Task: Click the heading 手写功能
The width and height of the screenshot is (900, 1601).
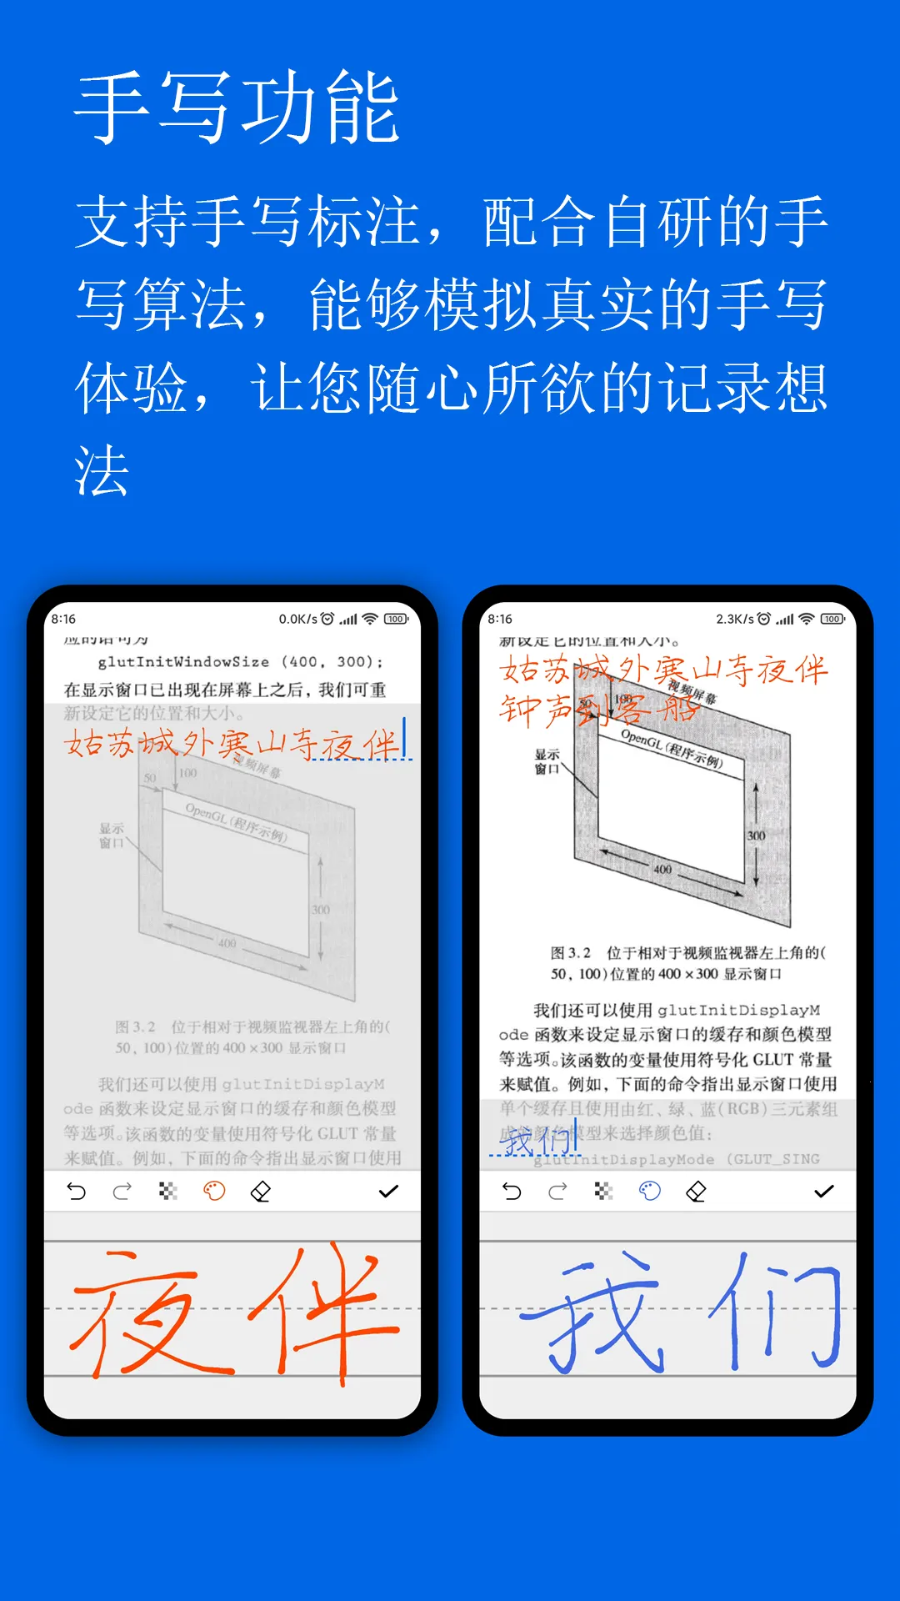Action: tap(237, 108)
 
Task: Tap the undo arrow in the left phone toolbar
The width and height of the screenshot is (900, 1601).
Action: tap(77, 1192)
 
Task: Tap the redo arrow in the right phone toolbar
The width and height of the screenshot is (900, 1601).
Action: tap(557, 1192)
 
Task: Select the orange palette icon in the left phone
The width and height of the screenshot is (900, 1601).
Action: tap(214, 1192)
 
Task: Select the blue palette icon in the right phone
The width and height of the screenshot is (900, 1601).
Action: tap(649, 1192)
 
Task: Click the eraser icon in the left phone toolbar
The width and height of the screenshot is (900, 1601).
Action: tap(261, 1192)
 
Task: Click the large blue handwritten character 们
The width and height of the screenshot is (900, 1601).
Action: tap(775, 1313)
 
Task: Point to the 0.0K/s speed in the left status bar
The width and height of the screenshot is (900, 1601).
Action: tap(297, 619)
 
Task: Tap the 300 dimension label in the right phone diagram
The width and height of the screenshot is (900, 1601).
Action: tap(756, 836)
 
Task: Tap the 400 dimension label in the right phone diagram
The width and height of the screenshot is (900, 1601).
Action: tap(662, 869)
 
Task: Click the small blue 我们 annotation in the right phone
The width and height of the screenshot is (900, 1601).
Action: tap(533, 1141)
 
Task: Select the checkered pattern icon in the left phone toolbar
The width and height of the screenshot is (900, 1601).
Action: tap(168, 1192)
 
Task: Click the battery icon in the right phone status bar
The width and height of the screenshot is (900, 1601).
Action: tap(832, 619)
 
